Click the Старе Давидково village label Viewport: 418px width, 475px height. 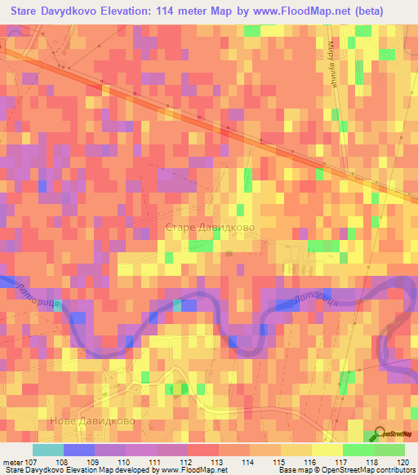pos(211,228)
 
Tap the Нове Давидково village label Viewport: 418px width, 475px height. pos(93,422)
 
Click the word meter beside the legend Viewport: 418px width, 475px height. pos(12,461)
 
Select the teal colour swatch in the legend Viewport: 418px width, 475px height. pos(48,450)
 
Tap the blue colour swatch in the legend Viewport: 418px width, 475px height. pos(78,450)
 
